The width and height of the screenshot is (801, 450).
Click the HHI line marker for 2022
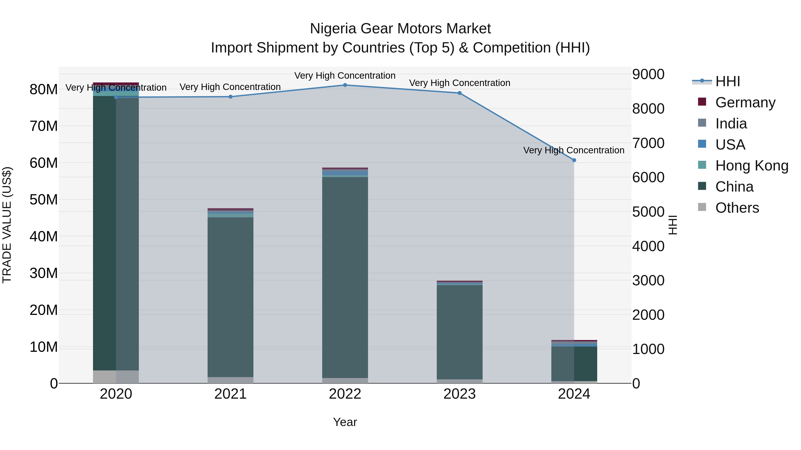[x=345, y=85]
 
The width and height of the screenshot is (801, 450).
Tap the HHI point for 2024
[x=574, y=160]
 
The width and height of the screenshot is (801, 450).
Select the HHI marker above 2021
[x=231, y=97]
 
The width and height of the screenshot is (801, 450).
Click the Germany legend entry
[x=745, y=102]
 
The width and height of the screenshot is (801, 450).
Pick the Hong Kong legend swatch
[x=702, y=165]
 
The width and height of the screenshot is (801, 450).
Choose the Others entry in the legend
[x=737, y=208]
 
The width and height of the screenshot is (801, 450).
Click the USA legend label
[x=730, y=145]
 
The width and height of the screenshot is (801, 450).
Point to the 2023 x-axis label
[x=459, y=394]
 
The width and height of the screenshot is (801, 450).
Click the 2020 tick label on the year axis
[x=116, y=394]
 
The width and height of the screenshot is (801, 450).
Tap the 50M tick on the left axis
[x=44, y=200]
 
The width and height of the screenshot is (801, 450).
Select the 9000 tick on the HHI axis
[x=648, y=74]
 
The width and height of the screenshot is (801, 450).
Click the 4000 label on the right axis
[x=648, y=246]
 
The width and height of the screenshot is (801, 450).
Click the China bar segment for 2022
[x=345, y=276]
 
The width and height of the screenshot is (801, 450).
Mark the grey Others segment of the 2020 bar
[x=116, y=377]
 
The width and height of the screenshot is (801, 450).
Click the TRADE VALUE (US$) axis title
[x=7, y=225]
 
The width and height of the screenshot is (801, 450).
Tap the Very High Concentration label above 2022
[x=345, y=76]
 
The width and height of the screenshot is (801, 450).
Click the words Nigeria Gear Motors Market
[x=400, y=29]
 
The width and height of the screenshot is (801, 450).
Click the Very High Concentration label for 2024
[x=574, y=150]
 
